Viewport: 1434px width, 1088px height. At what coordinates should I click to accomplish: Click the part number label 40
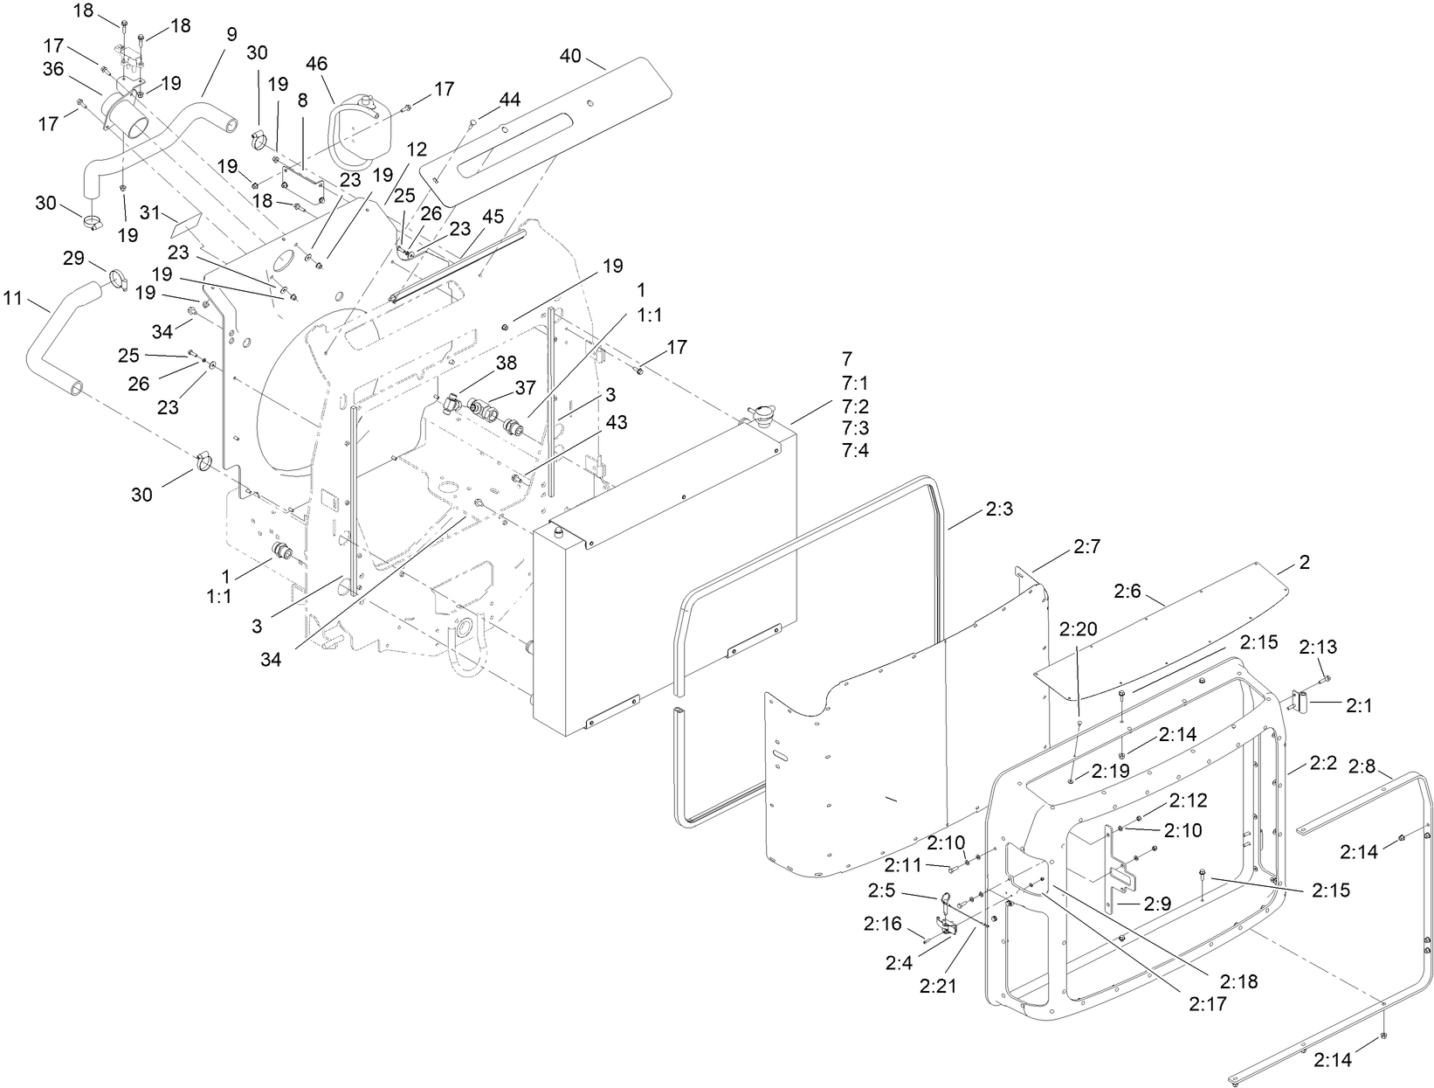(x=569, y=57)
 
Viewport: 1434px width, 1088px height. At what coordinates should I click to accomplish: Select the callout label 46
(x=317, y=64)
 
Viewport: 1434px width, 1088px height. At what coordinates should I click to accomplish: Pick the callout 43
(x=616, y=422)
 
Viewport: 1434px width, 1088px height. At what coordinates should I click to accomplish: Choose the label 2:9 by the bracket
(x=1155, y=905)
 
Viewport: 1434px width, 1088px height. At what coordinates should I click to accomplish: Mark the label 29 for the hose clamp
(x=74, y=260)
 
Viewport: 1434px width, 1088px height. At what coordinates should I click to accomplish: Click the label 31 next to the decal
(x=149, y=212)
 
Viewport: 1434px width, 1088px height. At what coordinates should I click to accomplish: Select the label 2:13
(x=1317, y=647)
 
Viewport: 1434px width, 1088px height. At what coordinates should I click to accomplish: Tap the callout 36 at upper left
(x=53, y=68)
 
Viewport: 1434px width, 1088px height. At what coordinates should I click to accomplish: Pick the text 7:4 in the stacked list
(x=856, y=450)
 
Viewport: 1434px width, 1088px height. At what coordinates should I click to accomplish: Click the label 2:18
(x=1238, y=981)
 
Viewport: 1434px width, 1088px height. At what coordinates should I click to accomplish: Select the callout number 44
(x=510, y=100)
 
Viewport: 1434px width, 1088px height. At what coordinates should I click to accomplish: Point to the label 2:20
(x=1078, y=629)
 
